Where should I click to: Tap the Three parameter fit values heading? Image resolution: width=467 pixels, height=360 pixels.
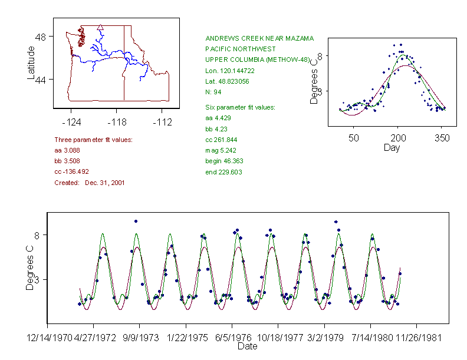pyautogui.click(x=93, y=140)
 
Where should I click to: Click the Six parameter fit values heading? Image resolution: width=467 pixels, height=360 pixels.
pyautogui.click(x=240, y=107)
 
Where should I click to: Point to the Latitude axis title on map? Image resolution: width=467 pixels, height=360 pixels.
pyautogui.click(x=31, y=63)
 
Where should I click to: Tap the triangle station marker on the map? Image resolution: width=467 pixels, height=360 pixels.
pyautogui.click(x=101, y=26)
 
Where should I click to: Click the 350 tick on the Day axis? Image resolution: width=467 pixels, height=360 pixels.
pyautogui.click(x=442, y=138)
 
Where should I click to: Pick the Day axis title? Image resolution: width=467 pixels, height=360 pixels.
pyautogui.click(x=392, y=148)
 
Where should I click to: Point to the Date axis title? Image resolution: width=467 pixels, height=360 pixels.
pyautogui.click(x=247, y=346)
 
